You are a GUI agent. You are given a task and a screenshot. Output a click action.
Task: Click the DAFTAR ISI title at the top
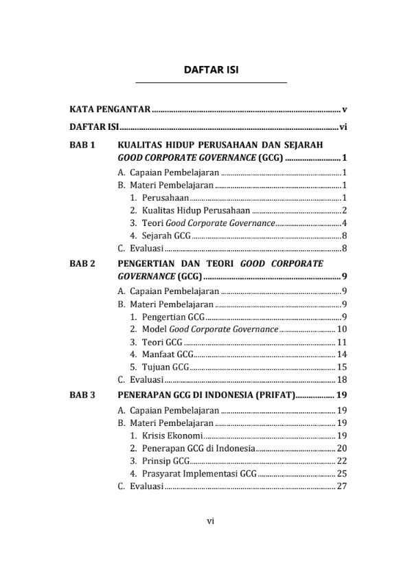tap(211, 71)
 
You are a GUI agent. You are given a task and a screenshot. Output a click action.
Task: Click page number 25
tap(341, 473)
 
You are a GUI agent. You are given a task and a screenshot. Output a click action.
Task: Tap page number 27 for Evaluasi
tap(341, 486)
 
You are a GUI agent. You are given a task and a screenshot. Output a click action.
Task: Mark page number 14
tap(341, 354)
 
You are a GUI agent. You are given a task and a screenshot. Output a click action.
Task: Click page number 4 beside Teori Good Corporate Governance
tap(343, 223)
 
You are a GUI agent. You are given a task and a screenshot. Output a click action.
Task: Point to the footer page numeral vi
tap(211, 520)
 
